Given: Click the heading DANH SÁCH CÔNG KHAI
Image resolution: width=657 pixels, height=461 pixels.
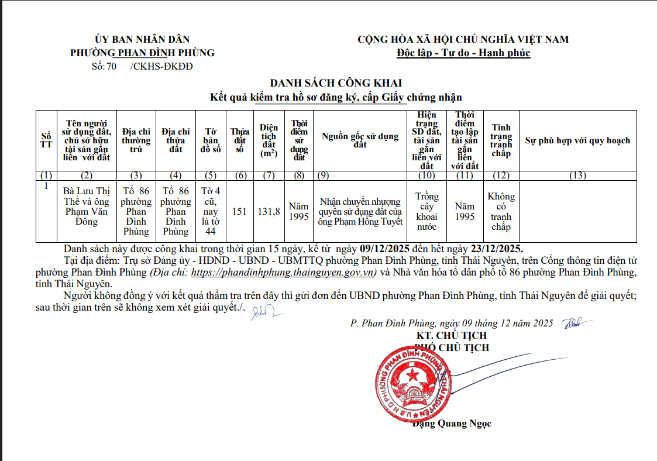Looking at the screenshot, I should coord(335,83).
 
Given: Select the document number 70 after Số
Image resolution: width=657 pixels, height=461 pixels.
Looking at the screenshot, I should coord(111,66).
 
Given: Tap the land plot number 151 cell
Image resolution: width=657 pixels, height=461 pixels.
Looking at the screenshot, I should coord(239,211).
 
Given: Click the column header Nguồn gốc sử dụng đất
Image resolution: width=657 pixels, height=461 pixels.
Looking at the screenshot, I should coord(360,140).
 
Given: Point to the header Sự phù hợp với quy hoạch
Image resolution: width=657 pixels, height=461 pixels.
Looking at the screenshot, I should coord(577,140).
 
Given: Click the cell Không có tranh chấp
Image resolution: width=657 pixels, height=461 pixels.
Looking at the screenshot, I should coord(501,211).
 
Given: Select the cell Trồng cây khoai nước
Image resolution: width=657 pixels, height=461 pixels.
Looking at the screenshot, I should coord(426,211).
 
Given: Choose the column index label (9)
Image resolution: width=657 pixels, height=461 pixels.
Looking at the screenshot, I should coord(322,176).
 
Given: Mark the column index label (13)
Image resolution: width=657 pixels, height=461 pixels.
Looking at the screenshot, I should coord(577,176).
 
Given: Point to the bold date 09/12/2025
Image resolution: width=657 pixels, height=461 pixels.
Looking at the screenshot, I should coord(387,248).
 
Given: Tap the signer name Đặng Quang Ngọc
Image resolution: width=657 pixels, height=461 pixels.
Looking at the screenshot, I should coord(452,423).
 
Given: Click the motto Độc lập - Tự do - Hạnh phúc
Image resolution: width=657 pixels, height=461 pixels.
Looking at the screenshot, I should coord(463,53).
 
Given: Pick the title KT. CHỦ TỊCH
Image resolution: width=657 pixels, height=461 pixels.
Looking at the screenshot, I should coord(452,336).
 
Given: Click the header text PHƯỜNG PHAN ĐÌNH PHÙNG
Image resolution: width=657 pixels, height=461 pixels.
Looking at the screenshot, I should coord(142,53).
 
